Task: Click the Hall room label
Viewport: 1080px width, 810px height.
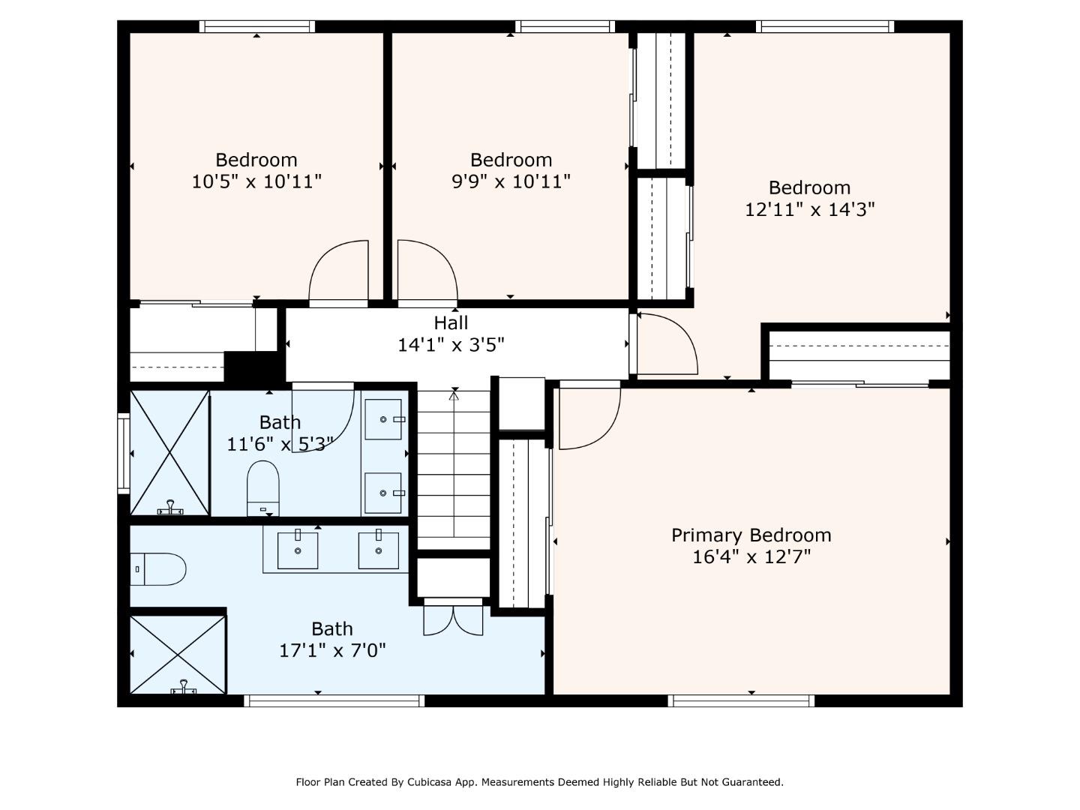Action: coord(451,323)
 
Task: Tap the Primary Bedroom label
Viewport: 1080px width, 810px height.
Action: coord(751,535)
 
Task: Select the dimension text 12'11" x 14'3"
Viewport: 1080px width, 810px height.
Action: coord(809,210)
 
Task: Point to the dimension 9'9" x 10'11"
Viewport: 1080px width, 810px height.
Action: coord(511,182)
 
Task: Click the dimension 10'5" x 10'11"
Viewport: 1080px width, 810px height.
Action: coord(256,182)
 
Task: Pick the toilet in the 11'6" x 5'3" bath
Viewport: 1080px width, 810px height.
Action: coord(262,488)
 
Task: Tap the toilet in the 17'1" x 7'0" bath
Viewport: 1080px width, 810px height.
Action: coord(158,569)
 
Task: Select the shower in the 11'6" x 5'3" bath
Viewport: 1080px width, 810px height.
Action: coord(169,453)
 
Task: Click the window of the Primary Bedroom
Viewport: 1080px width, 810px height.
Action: coord(741,700)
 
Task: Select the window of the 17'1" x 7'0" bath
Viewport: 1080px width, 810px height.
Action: coord(334,700)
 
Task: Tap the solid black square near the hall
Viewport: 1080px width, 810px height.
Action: coord(254,367)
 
